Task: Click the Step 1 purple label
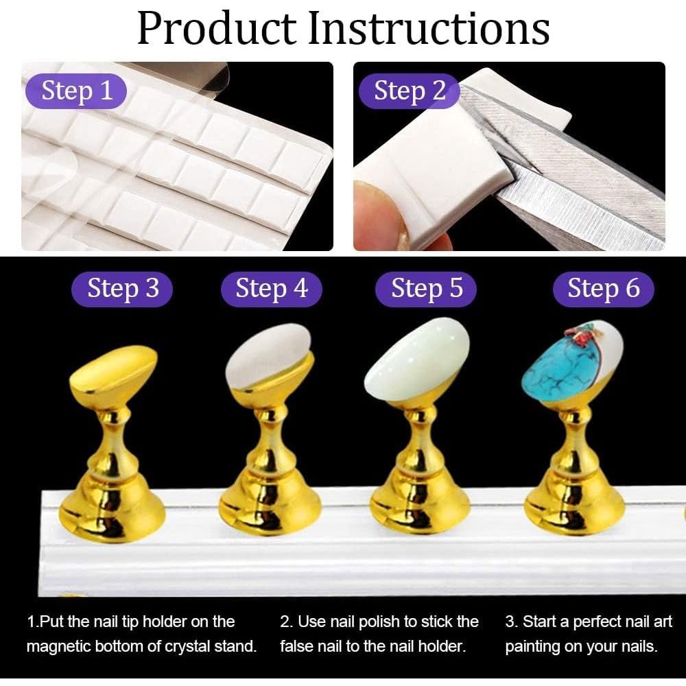[x=76, y=91]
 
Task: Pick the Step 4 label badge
[x=272, y=289]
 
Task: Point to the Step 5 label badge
[x=426, y=289]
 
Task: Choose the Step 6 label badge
[x=603, y=289]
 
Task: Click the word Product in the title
[x=217, y=28]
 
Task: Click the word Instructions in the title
[x=428, y=28]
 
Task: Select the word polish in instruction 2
[x=376, y=622]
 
